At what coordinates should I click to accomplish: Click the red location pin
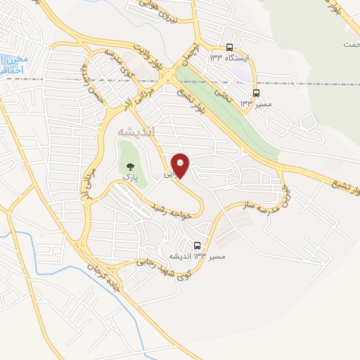pos(181,165)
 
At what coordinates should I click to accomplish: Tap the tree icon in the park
pos(129,167)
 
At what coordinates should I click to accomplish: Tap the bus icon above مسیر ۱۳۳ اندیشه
pos(197,246)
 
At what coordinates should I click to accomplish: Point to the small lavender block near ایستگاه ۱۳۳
pos(241,72)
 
